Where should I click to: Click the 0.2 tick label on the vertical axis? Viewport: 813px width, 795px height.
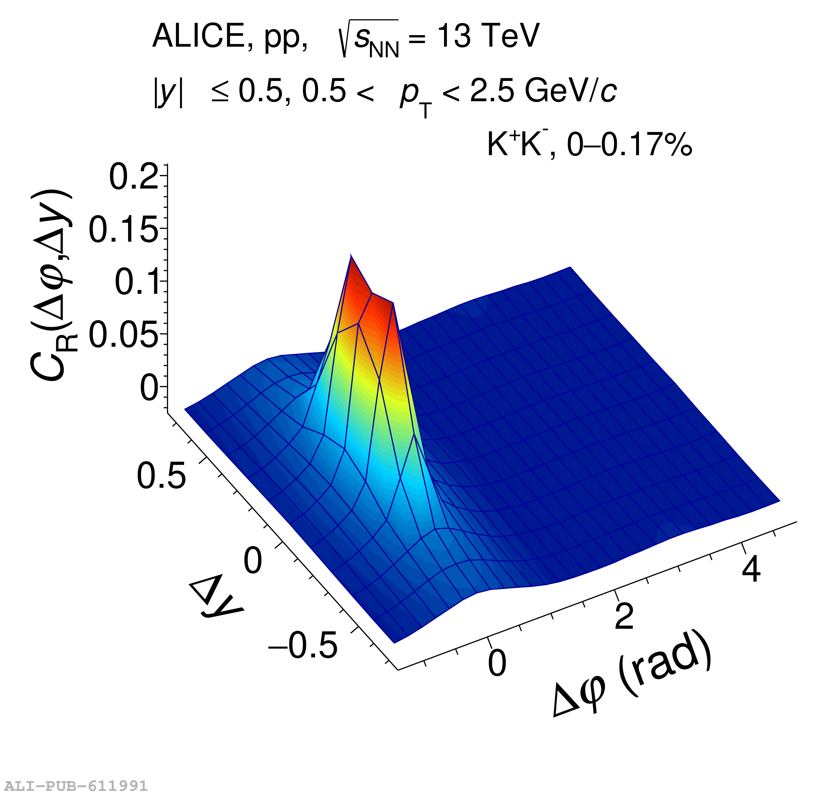[134, 177]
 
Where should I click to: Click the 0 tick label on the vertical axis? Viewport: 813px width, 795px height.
[149, 388]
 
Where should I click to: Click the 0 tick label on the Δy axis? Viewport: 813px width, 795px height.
[253, 561]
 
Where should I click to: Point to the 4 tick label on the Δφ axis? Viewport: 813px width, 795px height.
[751, 569]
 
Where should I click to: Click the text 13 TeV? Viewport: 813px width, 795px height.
[488, 36]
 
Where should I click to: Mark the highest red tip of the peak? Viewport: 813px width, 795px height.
[351, 256]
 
